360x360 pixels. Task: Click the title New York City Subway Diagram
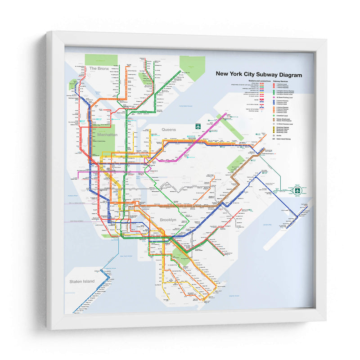[x=259, y=75]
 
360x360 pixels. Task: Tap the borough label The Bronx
[x=99, y=68]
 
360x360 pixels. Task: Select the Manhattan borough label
[x=107, y=134]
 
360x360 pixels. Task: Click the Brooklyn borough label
[x=167, y=220]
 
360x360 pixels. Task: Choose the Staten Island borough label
[x=82, y=281]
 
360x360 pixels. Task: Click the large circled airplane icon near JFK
[x=297, y=190]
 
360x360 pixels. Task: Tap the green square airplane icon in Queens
[x=197, y=126]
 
